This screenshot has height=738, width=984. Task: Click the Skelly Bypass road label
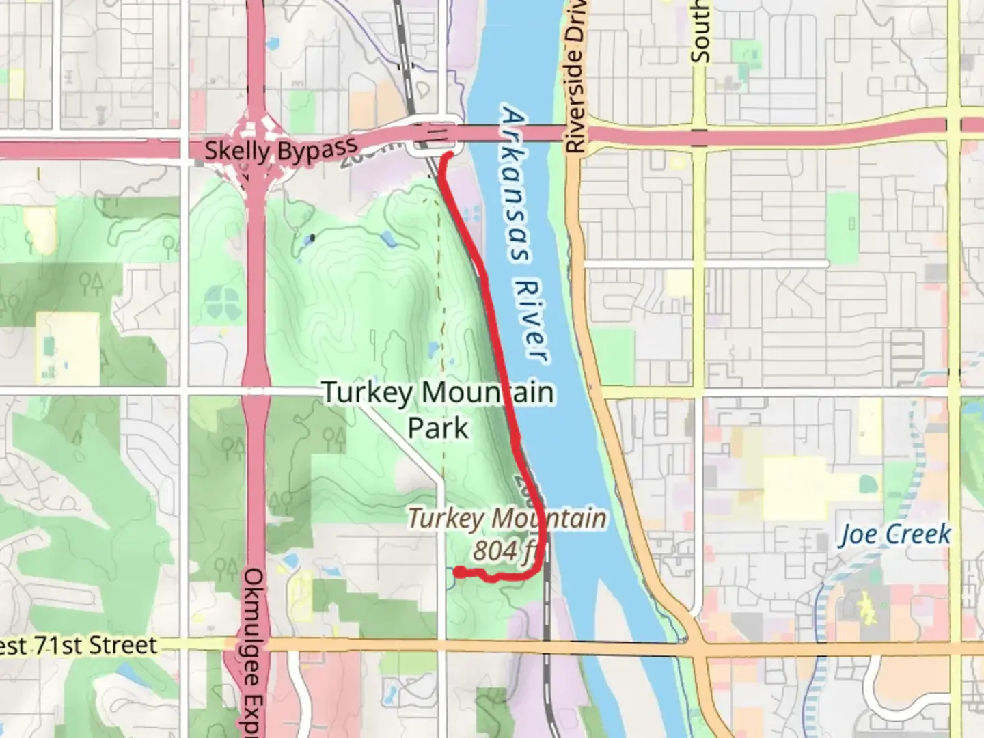(x=281, y=150)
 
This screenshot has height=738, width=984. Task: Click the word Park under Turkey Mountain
(x=438, y=428)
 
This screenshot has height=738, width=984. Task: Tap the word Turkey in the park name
(x=367, y=393)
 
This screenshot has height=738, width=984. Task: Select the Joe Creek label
(x=894, y=534)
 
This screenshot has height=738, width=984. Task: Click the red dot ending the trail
(x=461, y=573)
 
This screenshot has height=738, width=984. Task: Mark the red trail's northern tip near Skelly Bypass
(x=449, y=156)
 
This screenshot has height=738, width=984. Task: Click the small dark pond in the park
(x=312, y=238)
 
